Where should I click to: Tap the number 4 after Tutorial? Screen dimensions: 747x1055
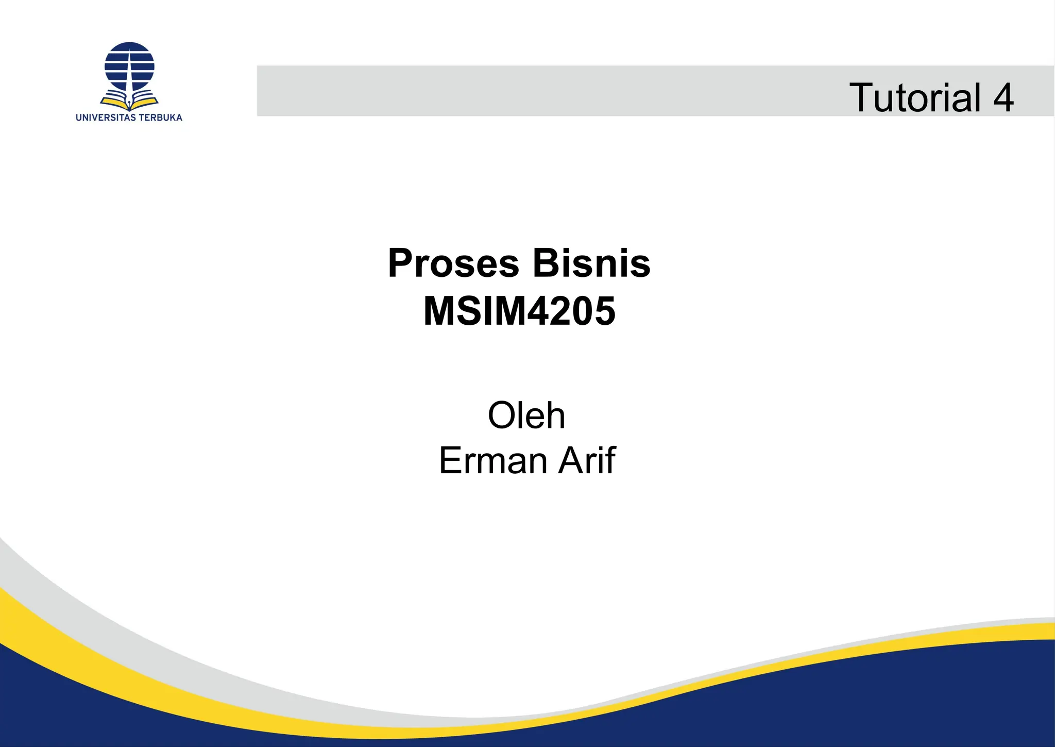1003,97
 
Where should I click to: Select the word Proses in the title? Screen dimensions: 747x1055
453,263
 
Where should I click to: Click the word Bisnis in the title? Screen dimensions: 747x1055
591,263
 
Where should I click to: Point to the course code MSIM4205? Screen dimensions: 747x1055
519,311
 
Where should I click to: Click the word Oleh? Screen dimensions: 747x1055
526,415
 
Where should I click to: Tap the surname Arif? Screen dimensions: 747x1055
587,460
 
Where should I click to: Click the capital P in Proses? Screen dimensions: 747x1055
401,263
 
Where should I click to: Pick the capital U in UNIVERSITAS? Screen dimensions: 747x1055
79,118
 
